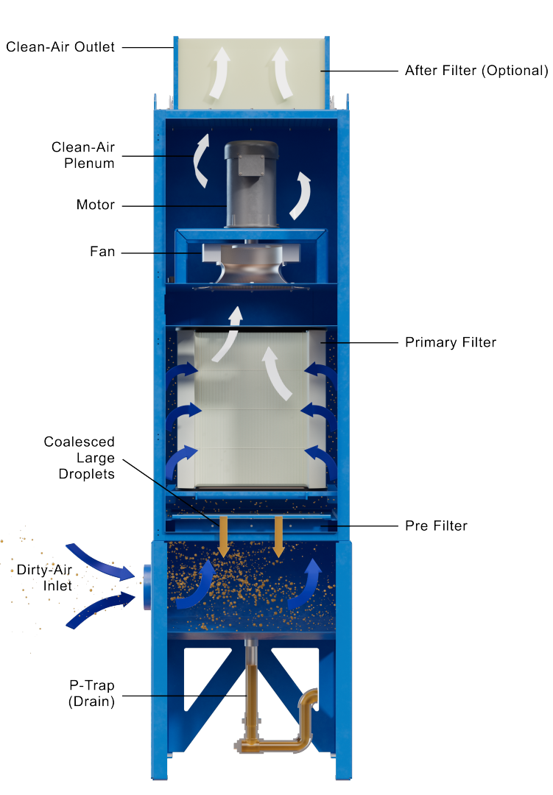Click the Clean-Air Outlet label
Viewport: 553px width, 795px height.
coord(60,47)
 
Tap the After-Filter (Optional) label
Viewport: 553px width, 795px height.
coord(476,71)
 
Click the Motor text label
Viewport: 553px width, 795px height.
coord(95,205)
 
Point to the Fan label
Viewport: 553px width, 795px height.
coord(102,252)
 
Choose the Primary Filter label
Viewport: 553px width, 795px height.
coord(451,343)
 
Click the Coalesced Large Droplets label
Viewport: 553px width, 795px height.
coord(80,458)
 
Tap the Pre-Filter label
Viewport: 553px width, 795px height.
coord(436,527)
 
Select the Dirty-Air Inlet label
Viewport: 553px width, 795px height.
coord(46,578)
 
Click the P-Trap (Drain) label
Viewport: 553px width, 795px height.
coord(91,693)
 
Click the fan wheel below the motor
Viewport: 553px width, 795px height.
coord(250,269)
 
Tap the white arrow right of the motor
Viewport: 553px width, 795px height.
coord(301,195)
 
